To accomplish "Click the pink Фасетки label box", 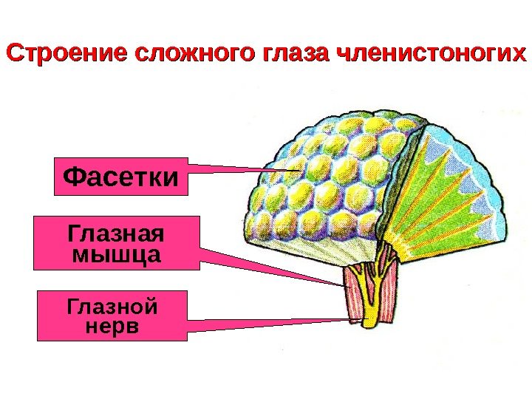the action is tap(121, 176).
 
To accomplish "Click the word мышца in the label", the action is tap(117, 256).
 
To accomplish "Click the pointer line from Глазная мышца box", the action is tap(273, 267).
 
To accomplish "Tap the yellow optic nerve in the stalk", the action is tap(370, 296).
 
